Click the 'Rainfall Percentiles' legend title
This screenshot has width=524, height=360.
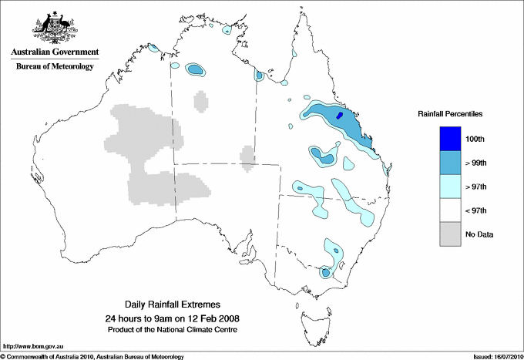click(x=450, y=114)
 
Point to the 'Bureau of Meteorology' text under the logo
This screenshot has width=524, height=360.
click(x=55, y=67)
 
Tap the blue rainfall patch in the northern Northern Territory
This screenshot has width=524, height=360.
click(x=196, y=70)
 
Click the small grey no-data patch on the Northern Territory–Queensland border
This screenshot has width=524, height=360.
click(x=248, y=157)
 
